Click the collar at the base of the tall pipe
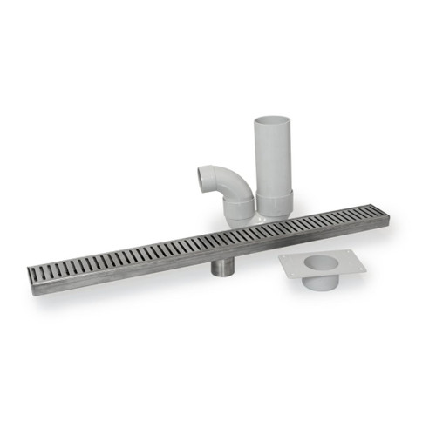click(274, 204)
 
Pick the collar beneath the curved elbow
click(238, 210)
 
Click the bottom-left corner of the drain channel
click(36, 294)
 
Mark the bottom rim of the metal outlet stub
click(221, 272)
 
